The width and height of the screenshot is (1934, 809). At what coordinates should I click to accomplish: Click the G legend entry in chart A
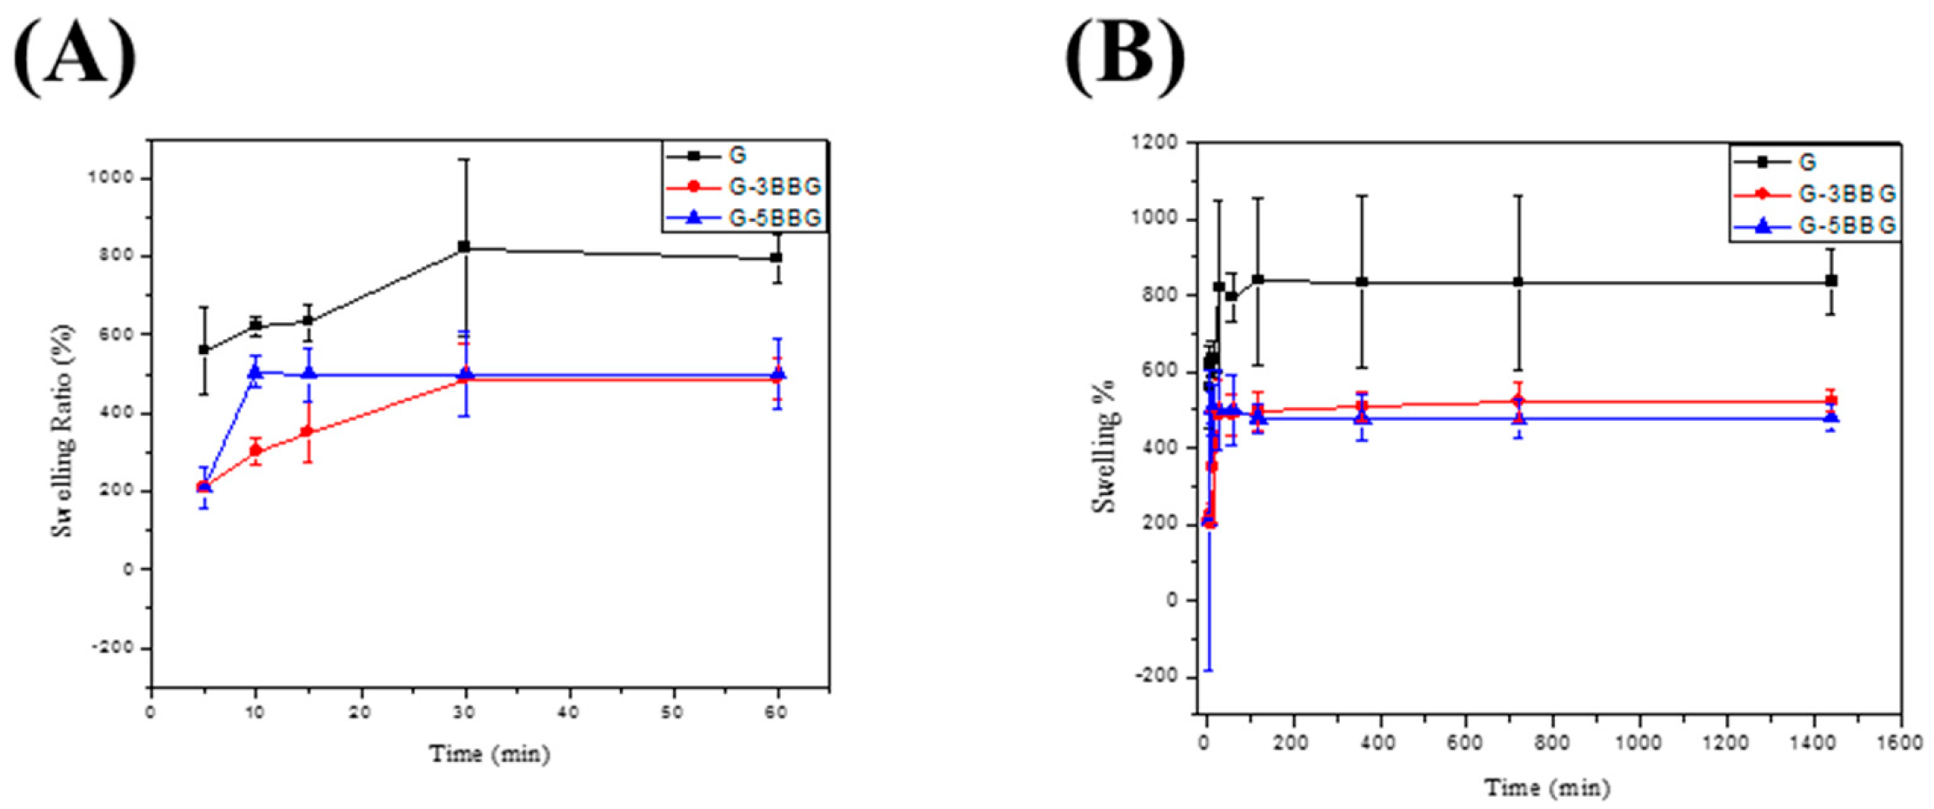(x=737, y=156)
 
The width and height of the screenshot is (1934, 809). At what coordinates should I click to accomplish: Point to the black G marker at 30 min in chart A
(x=464, y=247)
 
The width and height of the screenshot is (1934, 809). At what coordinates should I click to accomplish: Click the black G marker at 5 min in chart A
(x=204, y=350)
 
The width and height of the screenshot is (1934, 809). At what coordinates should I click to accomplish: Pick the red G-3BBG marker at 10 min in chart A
(x=256, y=450)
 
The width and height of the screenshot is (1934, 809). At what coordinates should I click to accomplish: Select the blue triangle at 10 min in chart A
(x=256, y=371)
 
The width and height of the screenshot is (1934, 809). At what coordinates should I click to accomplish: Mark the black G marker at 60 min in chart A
(x=777, y=257)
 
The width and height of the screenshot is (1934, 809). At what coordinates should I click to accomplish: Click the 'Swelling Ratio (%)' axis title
(x=63, y=431)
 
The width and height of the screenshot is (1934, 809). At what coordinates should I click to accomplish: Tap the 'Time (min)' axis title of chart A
(x=490, y=753)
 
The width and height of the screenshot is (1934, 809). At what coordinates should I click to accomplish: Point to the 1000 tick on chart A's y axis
(x=115, y=177)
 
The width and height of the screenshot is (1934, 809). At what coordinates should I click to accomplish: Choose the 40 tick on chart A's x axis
(x=570, y=712)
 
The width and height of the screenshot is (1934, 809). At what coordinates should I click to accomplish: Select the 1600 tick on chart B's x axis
(x=1899, y=742)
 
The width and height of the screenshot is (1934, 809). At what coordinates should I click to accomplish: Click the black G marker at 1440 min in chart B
(x=1831, y=280)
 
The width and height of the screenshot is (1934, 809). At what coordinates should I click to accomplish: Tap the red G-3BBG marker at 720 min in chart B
(x=1518, y=401)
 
